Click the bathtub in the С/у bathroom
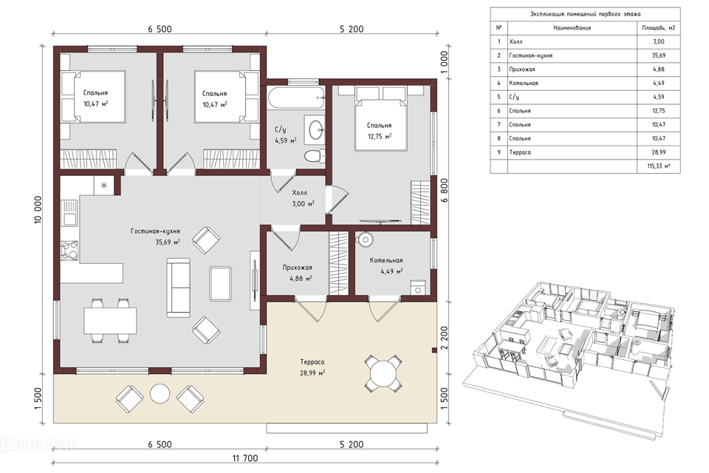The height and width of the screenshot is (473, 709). pos(295,98)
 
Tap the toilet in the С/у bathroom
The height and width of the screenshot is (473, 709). pos(315,155)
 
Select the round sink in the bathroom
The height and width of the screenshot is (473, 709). pos(315,130)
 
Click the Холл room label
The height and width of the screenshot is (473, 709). pos(299,193)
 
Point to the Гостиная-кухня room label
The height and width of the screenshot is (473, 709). pos(156,231)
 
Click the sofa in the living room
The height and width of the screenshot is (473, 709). pos(178,287)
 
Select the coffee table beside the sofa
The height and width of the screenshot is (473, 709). pos(221,283)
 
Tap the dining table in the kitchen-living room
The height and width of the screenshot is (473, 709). pos(110,321)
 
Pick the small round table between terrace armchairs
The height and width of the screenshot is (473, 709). pos(160,394)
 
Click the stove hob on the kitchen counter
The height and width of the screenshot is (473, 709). pos(69,251)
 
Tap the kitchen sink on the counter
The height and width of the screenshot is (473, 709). pos(69,213)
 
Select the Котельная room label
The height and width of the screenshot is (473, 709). pos(386,260)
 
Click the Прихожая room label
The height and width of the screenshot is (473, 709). pos(298,268)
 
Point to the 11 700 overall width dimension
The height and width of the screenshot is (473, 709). pos(245,458)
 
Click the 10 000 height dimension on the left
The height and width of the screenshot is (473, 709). pos(38,210)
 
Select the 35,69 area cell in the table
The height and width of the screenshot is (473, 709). pos(659,55)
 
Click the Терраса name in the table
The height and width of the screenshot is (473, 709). pos(520,152)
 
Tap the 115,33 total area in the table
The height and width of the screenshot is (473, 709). pos(659,166)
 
